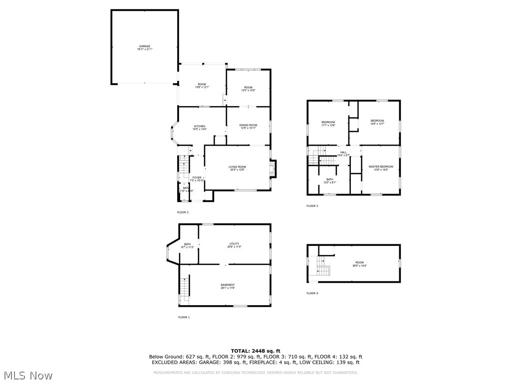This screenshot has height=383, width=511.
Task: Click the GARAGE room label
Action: coord(145,46)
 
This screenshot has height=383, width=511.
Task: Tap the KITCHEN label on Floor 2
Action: coord(200,126)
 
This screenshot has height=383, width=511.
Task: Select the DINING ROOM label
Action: coord(248,125)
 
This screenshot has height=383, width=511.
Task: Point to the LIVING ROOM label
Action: coord(238,167)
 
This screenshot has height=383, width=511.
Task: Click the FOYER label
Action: coord(197,178)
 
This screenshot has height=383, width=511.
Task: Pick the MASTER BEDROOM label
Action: coord(381,167)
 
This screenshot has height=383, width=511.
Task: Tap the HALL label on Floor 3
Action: coord(343,153)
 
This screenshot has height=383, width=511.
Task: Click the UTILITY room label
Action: coord(235,244)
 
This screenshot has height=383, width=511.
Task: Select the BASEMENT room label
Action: coord(228,285)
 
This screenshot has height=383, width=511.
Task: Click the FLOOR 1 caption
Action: coord(184,317)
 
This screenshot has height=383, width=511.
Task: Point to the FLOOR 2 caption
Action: coord(183,212)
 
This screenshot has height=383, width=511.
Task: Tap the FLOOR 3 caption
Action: coord(312,206)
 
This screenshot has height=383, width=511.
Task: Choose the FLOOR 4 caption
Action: coord(312,293)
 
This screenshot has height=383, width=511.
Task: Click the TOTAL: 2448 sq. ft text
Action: coord(255,351)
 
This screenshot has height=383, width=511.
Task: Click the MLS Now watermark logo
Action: coord(28,375)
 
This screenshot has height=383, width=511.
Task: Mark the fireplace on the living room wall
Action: coord(273,168)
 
